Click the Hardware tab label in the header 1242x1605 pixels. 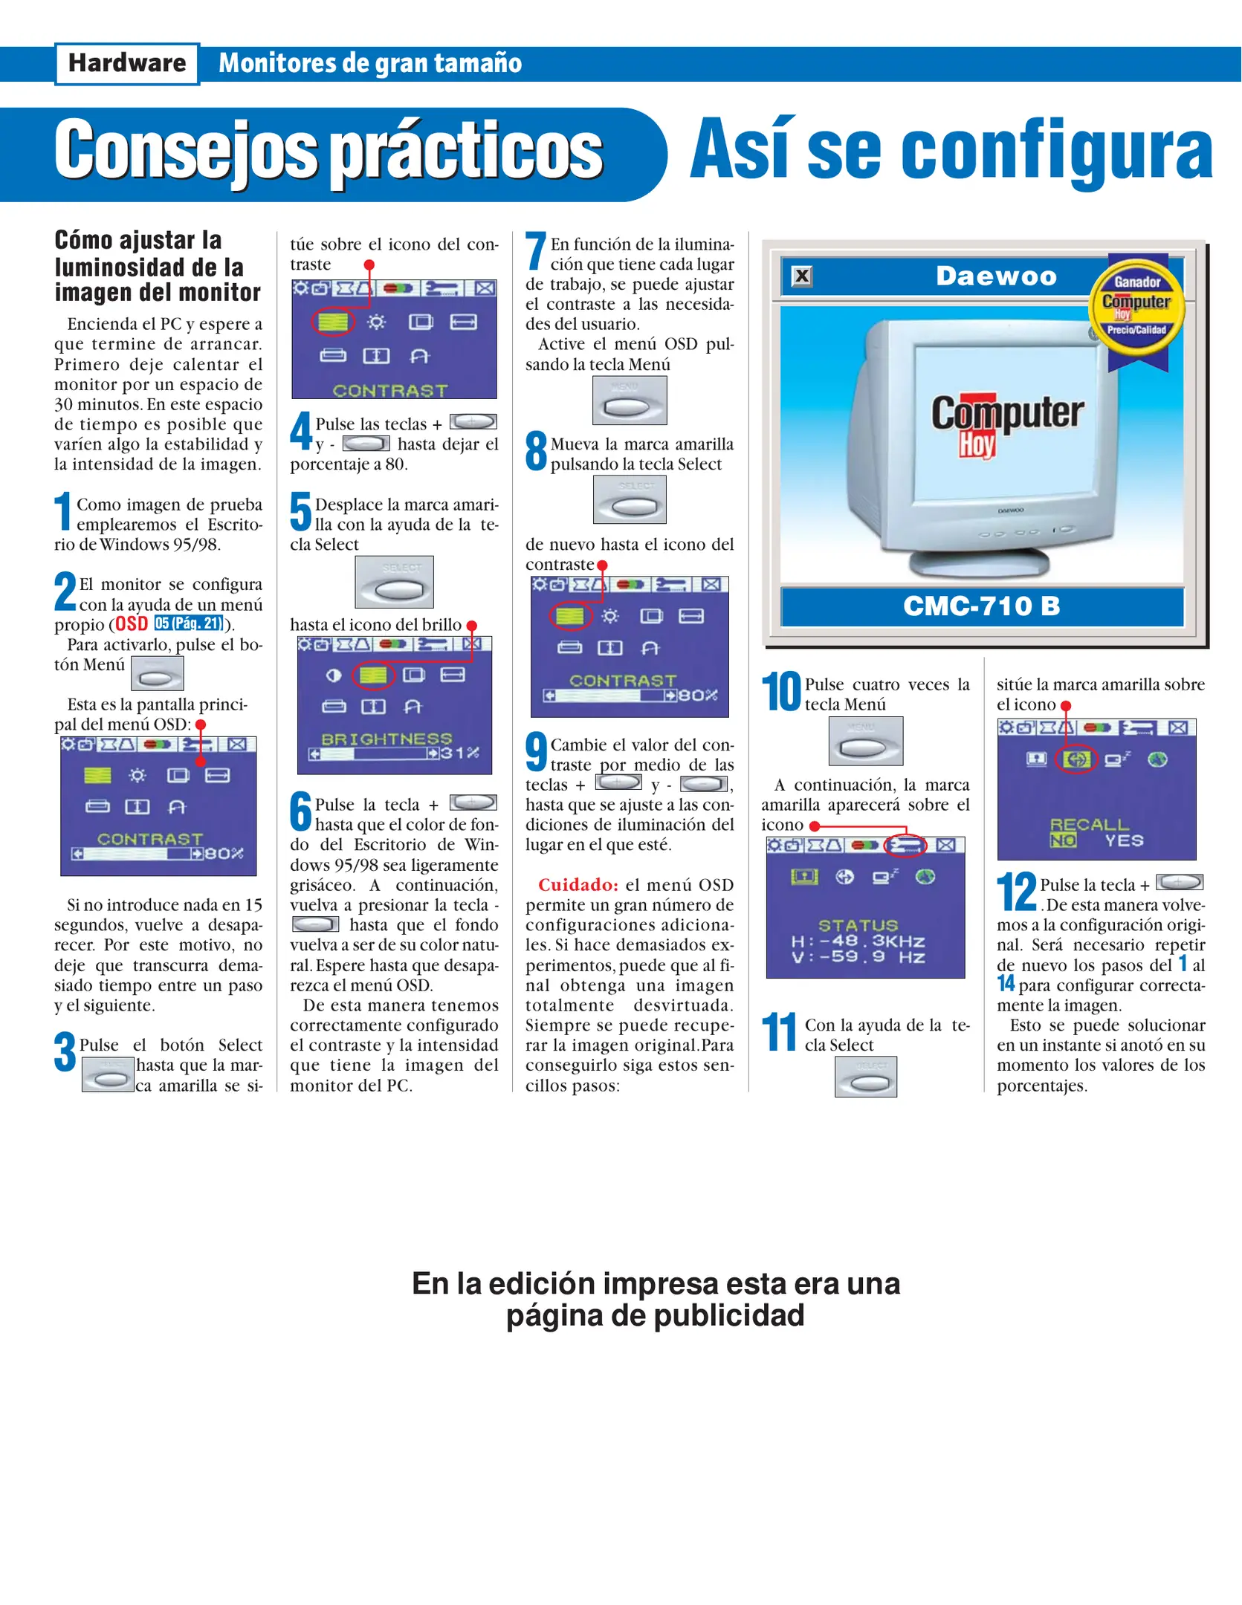click(127, 64)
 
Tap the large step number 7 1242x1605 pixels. click(536, 251)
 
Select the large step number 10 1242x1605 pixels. click(781, 691)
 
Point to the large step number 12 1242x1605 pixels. click(1016, 891)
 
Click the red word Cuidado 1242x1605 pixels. click(578, 885)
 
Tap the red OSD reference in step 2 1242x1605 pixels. click(132, 624)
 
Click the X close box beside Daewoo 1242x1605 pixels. click(802, 276)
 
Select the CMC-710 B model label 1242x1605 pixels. click(981, 606)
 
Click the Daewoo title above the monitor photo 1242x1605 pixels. click(996, 276)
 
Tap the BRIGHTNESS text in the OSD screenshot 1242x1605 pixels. click(386, 739)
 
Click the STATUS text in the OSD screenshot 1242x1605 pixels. click(858, 925)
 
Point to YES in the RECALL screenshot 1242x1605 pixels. click(1124, 840)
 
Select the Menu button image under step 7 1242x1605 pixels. click(630, 401)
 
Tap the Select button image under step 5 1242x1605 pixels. click(394, 582)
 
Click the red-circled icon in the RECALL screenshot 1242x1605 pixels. click(1077, 759)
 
